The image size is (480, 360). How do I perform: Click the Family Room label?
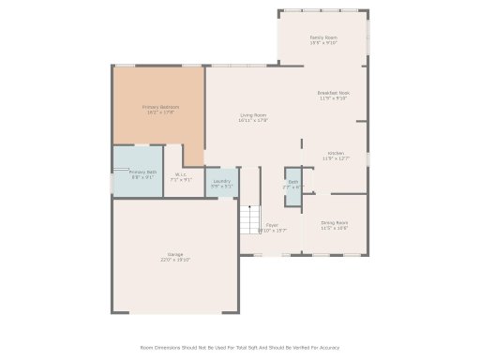point(322,37)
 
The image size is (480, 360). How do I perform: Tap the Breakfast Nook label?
point(333,93)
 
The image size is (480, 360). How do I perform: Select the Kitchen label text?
point(335,153)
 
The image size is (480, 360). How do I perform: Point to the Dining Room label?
point(335,222)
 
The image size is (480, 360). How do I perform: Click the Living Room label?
point(253,114)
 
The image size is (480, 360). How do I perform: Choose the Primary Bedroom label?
point(160,107)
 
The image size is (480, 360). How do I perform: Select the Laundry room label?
point(222,181)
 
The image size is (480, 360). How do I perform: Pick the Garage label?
point(175,254)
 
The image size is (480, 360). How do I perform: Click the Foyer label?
point(272,224)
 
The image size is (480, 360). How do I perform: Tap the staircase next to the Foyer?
point(248,220)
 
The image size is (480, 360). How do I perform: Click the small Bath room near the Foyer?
point(292,184)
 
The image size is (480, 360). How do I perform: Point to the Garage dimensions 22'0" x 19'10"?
point(175,260)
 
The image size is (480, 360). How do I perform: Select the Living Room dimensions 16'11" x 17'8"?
point(253,120)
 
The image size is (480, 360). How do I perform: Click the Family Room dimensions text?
point(322,43)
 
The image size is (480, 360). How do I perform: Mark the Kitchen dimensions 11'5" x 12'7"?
point(335,158)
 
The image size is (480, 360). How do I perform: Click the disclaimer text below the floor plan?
point(240,347)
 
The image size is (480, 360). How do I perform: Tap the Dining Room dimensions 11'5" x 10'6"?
point(335,228)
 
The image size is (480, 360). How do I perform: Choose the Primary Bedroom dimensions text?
point(160,112)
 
